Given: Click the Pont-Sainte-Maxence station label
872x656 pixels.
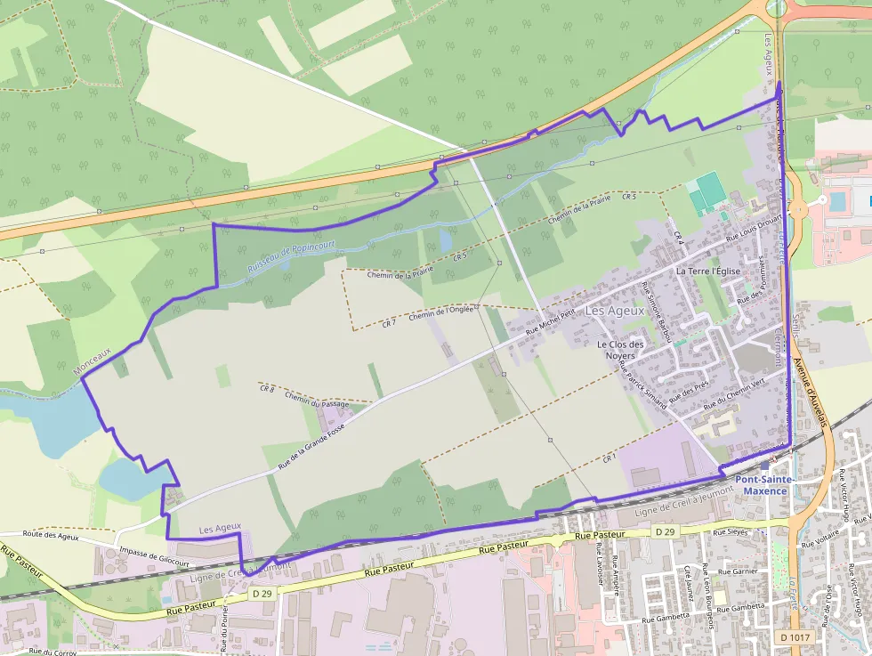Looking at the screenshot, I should (x=766, y=485).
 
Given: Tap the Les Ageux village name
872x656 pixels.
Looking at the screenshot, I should (x=615, y=311).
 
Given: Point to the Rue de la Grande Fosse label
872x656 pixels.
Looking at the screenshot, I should (x=311, y=445).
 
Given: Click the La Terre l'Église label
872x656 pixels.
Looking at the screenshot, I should (x=708, y=271).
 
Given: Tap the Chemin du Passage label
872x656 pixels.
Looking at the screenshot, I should (x=317, y=400).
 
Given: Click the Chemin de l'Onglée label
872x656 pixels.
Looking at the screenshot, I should (x=441, y=313).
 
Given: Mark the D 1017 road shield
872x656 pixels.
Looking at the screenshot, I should (x=795, y=637).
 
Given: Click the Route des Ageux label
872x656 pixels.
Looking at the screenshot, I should (x=51, y=536).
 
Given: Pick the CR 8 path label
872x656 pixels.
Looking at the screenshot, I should (x=267, y=389).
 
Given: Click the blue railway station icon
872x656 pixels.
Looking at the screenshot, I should (x=764, y=466).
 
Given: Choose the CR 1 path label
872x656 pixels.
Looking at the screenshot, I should (x=609, y=458).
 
